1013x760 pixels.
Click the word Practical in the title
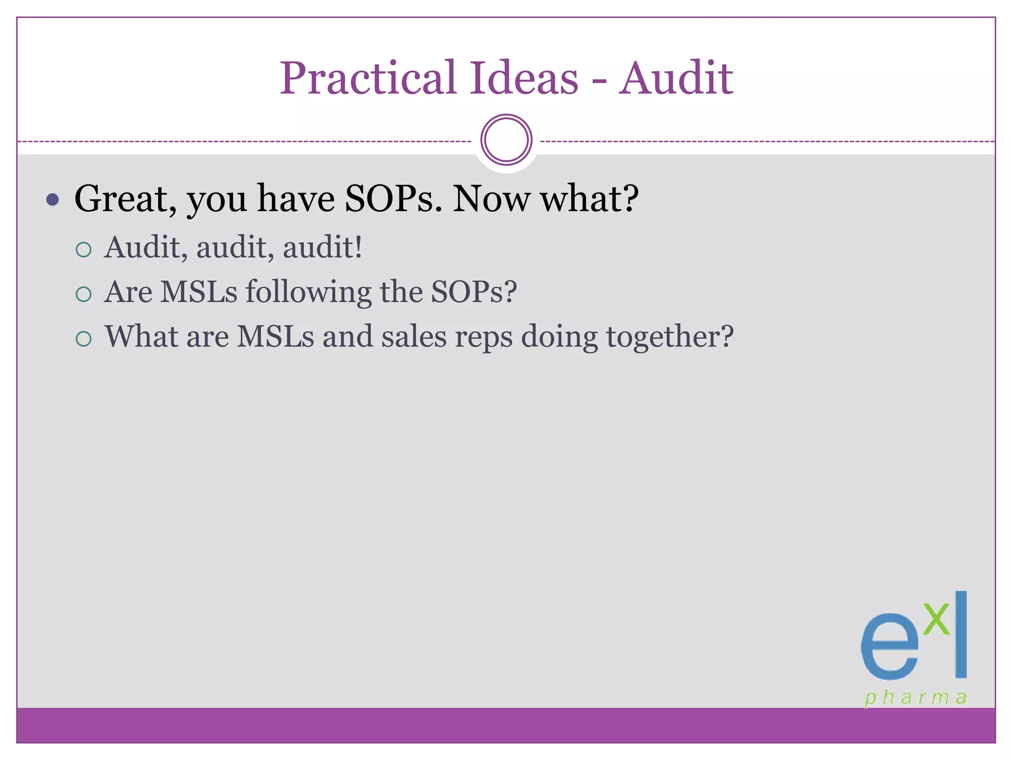pyautogui.click(x=368, y=78)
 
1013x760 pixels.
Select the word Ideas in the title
pyautogui.click(x=524, y=78)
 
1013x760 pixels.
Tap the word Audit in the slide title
pyautogui.click(x=676, y=78)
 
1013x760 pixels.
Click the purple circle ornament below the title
pyautogui.click(x=506, y=140)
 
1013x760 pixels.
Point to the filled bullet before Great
pyautogui.click(x=52, y=200)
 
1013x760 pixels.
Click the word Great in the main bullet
pyautogui.click(x=125, y=199)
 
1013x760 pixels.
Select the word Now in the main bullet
pyautogui.click(x=491, y=199)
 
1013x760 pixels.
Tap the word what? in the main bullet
pyautogui.click(x=590, y=199)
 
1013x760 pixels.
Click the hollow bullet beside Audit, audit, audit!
pyautogui.click(x=84, y=250)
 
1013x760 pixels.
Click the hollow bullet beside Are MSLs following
pyautogui.click(x=84, y=294)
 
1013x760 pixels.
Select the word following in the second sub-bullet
pyautogui.click(x=309, y=292)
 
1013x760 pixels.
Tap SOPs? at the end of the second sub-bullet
pyautogui.click(x=474, y=292)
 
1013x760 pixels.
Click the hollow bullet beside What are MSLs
pyautogui.click(x=84, y=339)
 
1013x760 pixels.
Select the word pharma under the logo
pyautogui.click(x=915, y=698)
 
